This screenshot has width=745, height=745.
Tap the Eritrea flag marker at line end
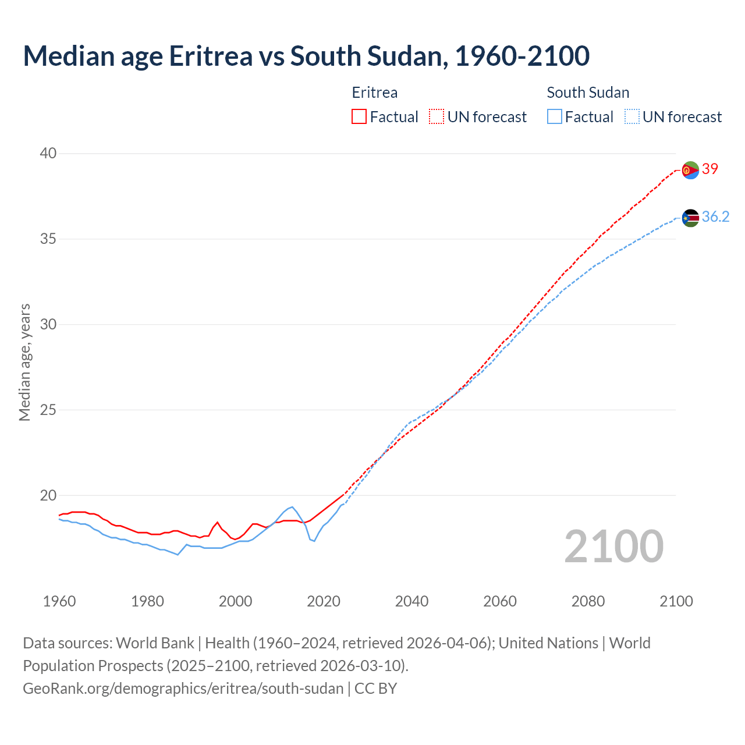tap(690, 170)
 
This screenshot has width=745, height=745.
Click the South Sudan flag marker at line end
tap(690, 218)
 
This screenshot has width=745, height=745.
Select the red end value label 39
tap(710, 169)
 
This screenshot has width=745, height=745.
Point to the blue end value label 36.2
tap(715, 217)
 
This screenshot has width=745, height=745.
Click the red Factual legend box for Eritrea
tap(359, 117)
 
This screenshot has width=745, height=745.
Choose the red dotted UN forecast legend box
tap(436, 117)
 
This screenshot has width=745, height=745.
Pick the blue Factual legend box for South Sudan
tap(555, 117)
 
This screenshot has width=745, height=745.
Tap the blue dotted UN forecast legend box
tap(632, 117)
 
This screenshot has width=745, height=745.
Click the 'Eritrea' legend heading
tap(375, 93)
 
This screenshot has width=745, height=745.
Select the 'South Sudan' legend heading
tap(588, 93)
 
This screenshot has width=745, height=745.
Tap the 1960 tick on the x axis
tap(59, 601)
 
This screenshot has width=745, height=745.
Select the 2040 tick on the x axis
tap(411, 601)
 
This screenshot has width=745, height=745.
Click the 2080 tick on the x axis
tap(588, 601)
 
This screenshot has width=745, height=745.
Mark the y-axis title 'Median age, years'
tap(24, 362)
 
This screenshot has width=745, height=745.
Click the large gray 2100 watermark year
tap(613, 546)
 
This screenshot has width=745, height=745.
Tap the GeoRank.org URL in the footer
tap(183, 689)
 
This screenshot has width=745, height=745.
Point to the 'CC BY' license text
tap(376, 689)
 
